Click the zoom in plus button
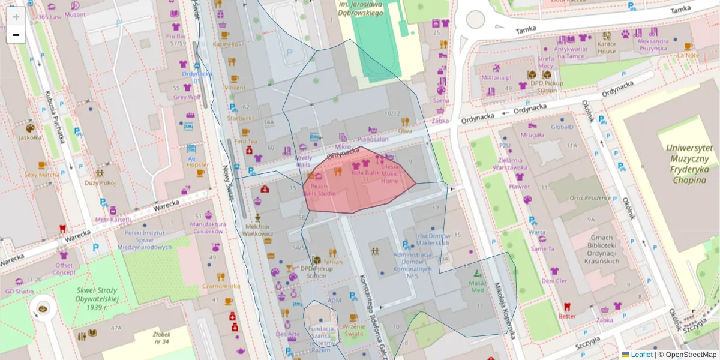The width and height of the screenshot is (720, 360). click(x=16, y=16)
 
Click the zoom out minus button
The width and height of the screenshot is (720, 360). click(x=16, y=35)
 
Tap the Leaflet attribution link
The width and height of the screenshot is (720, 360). click(x=641, y=355)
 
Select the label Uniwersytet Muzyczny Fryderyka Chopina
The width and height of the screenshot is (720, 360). click(x=688, y=163)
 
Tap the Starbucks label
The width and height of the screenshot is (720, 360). click(x=241, y=118)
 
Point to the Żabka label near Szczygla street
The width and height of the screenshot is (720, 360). click(x=605, y=320)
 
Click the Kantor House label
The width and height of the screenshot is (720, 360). click(x=607, y=47)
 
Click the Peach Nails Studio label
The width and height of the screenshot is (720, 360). click(x=319, y=190)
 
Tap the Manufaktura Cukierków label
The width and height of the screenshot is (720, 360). click(x=207, y=227)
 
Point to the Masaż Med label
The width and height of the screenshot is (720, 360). click(x=478, y=286)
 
